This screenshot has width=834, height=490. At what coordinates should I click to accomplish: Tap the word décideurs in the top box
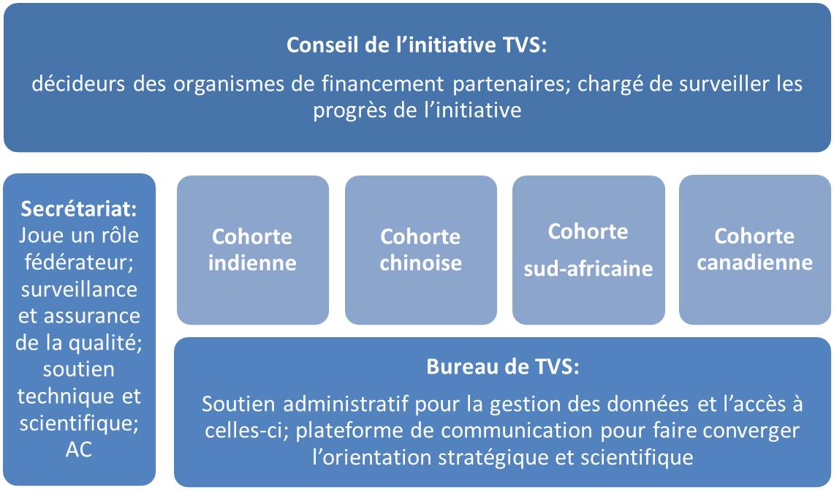[x=78, y=83]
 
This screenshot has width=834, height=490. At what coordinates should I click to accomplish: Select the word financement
[x=382, y=83]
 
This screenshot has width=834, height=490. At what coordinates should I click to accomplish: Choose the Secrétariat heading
[x=79, y=208]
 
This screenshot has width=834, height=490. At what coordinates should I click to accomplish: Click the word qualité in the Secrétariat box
[x=109, y=343]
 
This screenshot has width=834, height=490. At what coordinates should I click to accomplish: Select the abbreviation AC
[x=79, y=450]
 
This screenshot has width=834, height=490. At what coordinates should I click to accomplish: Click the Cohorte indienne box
[x=253, y=250]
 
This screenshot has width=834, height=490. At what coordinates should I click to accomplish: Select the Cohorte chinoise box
[x=421, y=250]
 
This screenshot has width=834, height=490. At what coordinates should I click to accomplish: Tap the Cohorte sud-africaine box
[x=588, y=250]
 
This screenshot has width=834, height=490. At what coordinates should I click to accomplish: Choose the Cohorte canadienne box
[x=755, y=250]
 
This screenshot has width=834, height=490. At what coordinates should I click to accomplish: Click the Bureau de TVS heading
[x=503, y=366]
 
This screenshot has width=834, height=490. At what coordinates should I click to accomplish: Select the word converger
[x=751, y=431]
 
